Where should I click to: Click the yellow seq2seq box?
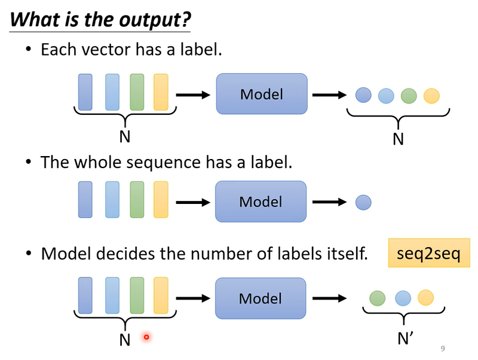pos(429,253)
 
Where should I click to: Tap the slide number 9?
pos(443,349)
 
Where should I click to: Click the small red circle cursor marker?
pos(146,337)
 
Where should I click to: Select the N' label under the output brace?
pos(406,338)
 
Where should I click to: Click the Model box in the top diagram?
pos(262,94)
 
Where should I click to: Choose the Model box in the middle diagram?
pos(261,202)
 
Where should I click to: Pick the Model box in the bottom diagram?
pos(261,298)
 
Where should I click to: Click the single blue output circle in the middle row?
pos(363,202)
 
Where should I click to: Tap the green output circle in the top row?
pos(409,96)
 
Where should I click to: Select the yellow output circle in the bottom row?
pos(425,297)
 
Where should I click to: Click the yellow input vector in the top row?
pos(161,92)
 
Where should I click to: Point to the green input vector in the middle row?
pos(137,200)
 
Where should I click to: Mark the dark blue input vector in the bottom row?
pos(85,295)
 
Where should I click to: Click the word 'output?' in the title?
pos(155,20)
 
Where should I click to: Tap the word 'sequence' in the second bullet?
pos(163,163)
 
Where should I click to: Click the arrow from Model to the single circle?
pos(330,202)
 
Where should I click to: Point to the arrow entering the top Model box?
pos(193,95)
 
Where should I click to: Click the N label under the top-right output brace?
pos(398,139)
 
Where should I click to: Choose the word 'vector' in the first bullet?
pos(106,50)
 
